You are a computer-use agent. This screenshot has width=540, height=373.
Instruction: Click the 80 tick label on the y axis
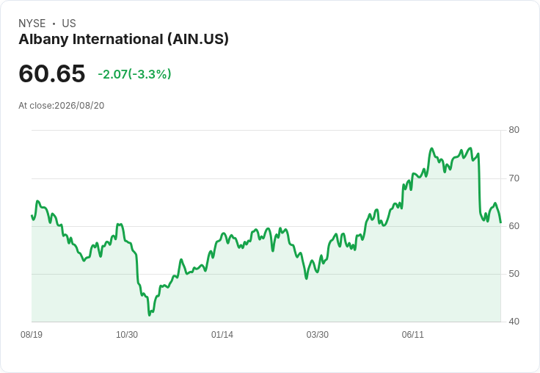tap(514, 130)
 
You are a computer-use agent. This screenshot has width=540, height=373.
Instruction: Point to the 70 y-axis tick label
tap(514, 178)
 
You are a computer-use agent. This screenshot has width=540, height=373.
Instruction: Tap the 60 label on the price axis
tap(514, 226)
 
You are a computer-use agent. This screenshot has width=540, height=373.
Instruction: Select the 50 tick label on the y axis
tap(514, 274)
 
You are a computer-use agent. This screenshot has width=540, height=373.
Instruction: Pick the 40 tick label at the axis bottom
tap(514, 322)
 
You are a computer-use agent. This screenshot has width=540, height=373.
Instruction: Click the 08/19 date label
tap(32, 334)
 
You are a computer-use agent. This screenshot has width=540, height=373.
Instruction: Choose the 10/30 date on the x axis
tap(127, 334)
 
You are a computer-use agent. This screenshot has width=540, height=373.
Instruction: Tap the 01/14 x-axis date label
tap(222, 334)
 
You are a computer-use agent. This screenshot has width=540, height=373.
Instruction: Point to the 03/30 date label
tap(317, 334)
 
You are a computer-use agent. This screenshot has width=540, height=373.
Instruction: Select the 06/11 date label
tap(412, 334)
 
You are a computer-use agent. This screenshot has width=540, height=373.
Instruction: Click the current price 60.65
tap(51, 73)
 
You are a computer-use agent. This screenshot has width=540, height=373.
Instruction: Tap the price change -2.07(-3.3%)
tap(134, 74)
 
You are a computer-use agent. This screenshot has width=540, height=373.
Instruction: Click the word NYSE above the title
tap(32, 23)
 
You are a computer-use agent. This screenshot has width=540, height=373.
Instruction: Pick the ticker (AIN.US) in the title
tap(198, 40)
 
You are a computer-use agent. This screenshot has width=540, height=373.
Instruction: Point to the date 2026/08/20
tap(79, 106)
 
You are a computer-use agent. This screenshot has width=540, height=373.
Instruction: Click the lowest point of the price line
tap(149, 315)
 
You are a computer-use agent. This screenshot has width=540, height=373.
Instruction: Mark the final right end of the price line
tap(500, 222)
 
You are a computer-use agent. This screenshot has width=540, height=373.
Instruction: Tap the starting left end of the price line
tap(32, 215)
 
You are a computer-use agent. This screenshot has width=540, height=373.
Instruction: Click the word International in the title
tap(118, 40)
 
